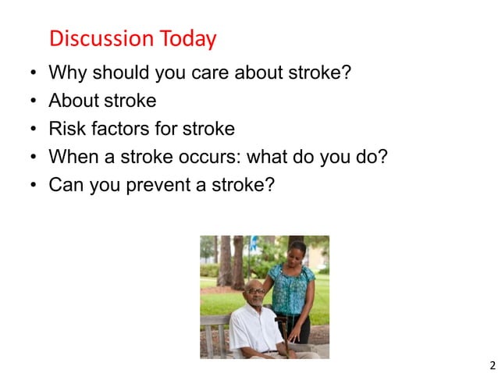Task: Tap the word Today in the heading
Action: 187,37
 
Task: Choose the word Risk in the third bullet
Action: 66,128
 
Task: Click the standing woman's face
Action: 297,254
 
